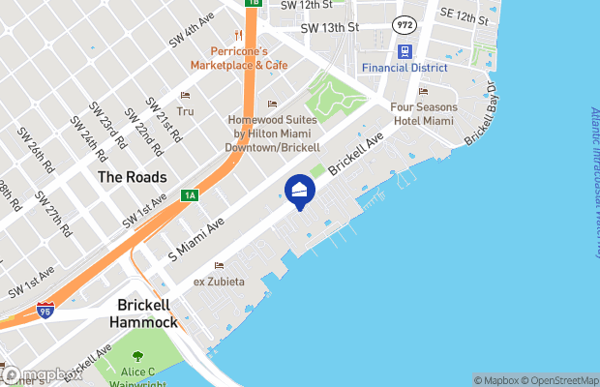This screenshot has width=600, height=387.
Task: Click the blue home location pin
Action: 300,192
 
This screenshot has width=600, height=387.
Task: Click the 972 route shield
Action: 405,22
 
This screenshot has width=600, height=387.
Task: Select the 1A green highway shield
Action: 190,195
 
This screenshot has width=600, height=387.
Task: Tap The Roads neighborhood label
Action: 132,177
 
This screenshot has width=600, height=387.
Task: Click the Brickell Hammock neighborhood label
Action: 143,313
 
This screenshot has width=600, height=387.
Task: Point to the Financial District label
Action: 405,68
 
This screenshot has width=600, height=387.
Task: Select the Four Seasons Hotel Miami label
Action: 423,113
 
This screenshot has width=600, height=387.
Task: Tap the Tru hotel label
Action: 185,111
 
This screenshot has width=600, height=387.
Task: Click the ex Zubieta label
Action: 219,281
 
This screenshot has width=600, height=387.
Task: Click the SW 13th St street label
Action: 329,28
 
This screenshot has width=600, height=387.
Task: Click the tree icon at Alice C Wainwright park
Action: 137,358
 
